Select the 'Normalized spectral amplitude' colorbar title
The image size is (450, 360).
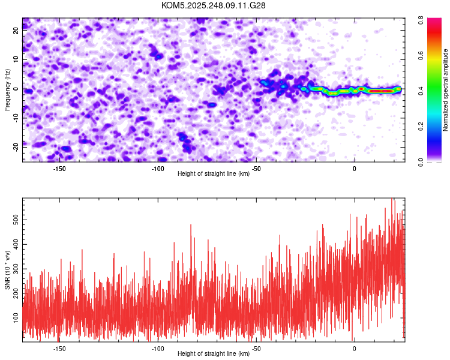[445, 90]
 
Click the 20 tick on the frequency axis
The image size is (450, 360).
[16, 31]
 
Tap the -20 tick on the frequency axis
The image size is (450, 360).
[15, 145]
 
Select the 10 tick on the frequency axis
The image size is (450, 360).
[16, 59]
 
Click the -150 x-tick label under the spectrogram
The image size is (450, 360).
[59, 168]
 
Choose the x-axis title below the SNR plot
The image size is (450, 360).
[214, 354]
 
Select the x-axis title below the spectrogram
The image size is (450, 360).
[214, 174]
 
